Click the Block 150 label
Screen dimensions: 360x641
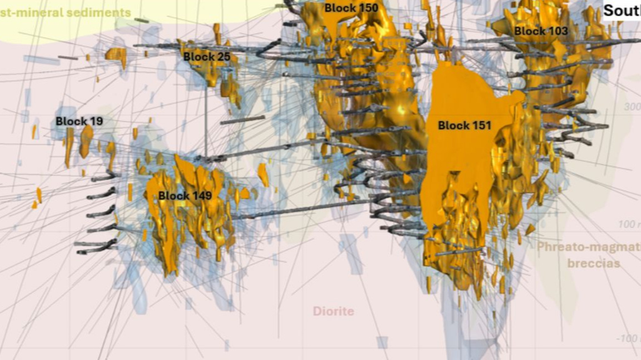tap(351, 8)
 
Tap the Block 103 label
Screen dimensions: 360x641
tap(540, 31)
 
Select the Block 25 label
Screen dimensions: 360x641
tap(207, 57)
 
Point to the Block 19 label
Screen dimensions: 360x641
tap(79, 121)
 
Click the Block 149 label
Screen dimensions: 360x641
tap(185, 196)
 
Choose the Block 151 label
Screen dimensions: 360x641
tap(464, 126)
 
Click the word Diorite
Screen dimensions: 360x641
tap(333, 311)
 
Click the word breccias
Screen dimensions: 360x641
tap(593, 263)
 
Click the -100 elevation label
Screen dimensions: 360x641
tap(628, 339)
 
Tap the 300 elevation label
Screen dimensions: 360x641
tap(632, 107)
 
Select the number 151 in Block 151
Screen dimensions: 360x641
tap(480, 126)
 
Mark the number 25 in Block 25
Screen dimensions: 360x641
tap(223, 57)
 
